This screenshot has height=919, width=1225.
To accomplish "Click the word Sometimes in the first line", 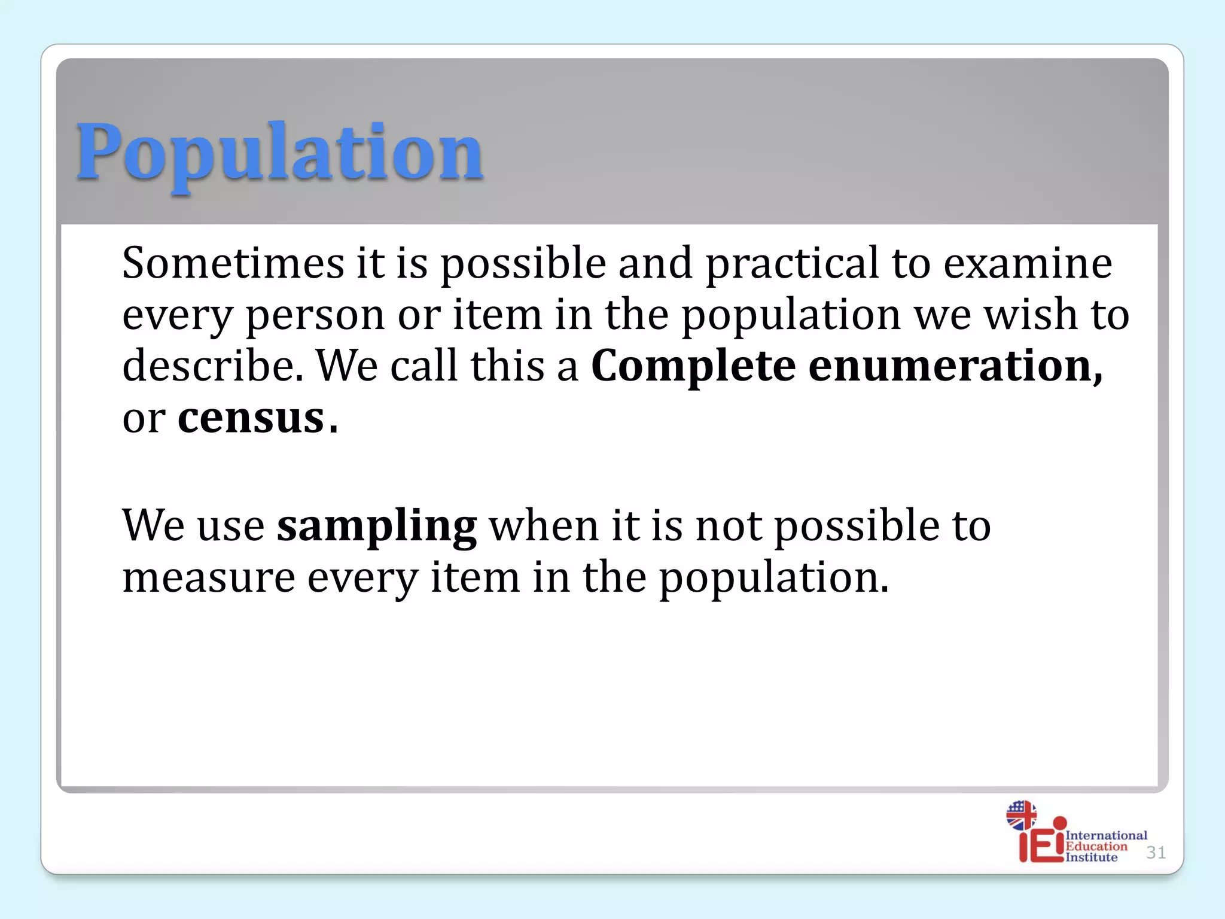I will point(233,263).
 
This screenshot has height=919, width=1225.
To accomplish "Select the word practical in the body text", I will point(792,263).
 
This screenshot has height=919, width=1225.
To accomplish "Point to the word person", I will point(315,316).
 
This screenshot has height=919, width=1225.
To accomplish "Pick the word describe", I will point(212,366).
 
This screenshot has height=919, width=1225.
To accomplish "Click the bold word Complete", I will point(693,367).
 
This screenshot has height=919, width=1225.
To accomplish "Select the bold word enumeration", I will point(955,366).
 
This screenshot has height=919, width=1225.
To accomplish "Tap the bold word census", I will point(251,418).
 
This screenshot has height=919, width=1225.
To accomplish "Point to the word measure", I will point(209,577).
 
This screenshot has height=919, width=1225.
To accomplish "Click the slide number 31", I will point(1156,853).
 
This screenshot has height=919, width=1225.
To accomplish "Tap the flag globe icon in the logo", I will point(1021,815).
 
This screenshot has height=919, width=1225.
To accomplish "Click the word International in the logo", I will point(1106,835).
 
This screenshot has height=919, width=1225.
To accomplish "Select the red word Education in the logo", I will point(1096,846).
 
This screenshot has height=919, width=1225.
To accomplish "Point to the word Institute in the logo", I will point(1091,857).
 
